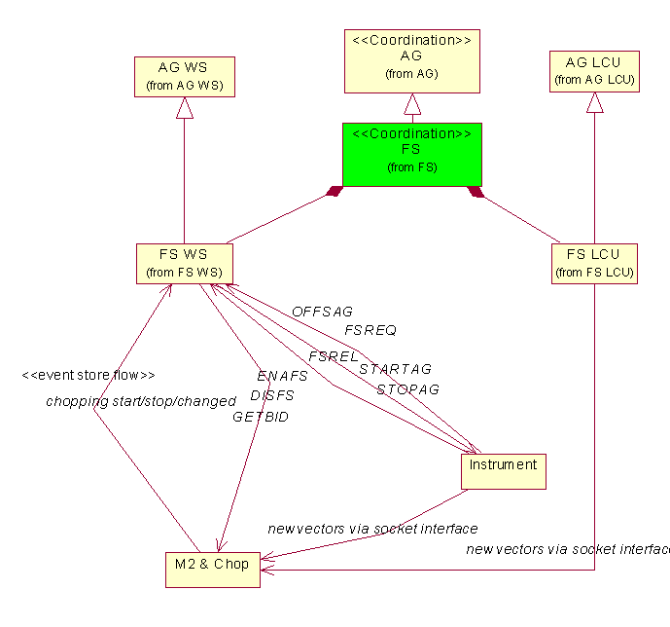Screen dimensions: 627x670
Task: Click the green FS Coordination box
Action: pyautogui.click(x=411, y=154)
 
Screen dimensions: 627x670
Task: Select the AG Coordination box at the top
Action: pyautogui.click(x=412, y=60)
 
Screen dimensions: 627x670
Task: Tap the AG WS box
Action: pyautogui.click(x=184, y=77)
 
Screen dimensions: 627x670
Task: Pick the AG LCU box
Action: pyautogui.click(x=594, y=71)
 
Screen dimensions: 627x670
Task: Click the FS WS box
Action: pyautogui.click(x=184, y=263)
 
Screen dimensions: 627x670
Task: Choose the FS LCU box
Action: pyautogui.click(x=594, y=263)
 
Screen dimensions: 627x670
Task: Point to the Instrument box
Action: pyautogui.click(x=503, y=471)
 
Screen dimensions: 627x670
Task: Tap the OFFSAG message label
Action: pyautogui.click(x=322, y=312)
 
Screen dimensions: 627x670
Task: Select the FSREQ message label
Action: pyautogui.click(x=370, y=330)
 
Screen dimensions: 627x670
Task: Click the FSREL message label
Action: pyautogui.click(x=334, y=356)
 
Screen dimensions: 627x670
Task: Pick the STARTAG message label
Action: pyautogui.click(x=395, y=369)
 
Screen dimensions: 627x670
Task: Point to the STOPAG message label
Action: pyautogui.click(x=407, y=388)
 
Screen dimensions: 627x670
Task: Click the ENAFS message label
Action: pyautogui.click(x=282, y=375)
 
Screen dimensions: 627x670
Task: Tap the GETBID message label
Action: pyautogui.click(x=260, y=416)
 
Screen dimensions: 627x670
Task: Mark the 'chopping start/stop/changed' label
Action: pyautogui.click(x=141, y=401)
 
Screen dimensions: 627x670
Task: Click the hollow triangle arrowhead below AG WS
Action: pyautogui.click(x=185, y=108)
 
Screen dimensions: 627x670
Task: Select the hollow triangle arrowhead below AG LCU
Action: pyautogui.click(x=594, y=102)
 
